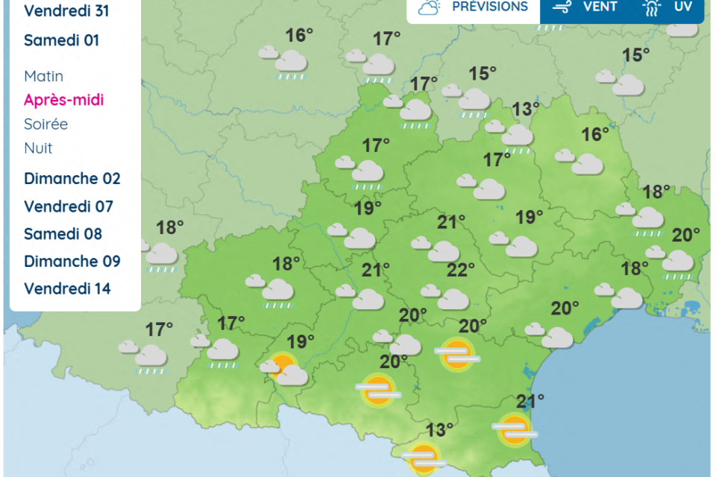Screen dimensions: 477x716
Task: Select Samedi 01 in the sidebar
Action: (x=61, y=40)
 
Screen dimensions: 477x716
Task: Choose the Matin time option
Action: (x=43, y=76)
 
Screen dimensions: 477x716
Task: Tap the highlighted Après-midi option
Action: (x=63, y=100)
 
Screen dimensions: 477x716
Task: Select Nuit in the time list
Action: (x=38, y=148)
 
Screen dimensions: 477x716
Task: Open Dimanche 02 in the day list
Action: (x=72, y=179)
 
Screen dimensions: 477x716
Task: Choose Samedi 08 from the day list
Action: (x=63, y=234)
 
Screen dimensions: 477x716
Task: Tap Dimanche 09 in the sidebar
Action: (x=72, y=262)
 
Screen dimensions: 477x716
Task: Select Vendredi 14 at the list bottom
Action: (x=67, y=288)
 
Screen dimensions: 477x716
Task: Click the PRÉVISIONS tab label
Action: (x=490, y=7)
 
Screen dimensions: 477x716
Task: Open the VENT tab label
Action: (x=600, y=7)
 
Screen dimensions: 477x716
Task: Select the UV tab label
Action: (x=682, y=7)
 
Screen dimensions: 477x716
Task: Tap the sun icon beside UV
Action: (x=652, y=7)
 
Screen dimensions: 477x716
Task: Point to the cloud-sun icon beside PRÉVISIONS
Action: (x=430, y=7)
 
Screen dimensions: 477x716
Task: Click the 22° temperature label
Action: (x=460, y=270)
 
